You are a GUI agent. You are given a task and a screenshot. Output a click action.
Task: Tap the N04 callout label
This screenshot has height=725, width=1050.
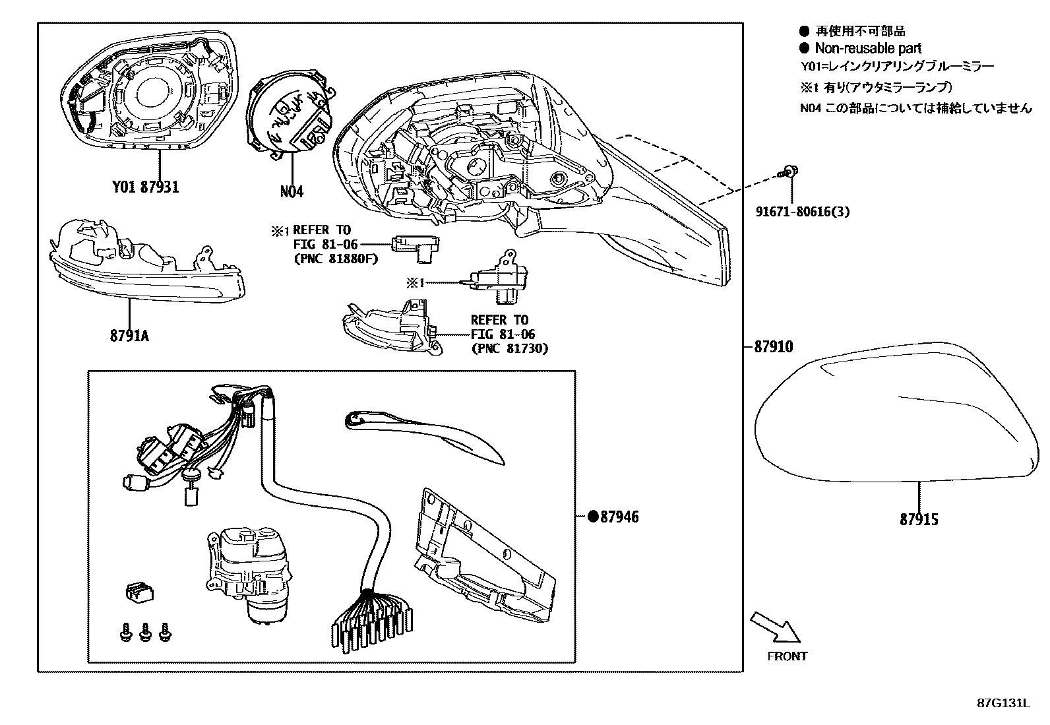click(292, 192)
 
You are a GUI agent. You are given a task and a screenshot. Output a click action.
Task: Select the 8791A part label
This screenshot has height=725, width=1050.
click(129, 336)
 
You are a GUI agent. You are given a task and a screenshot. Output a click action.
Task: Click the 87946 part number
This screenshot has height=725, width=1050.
click(619, 517)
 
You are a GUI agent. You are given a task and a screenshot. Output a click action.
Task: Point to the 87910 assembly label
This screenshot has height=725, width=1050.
click(773, 347)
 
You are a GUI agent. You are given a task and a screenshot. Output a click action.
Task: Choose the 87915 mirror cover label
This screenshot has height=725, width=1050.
click(919, 520)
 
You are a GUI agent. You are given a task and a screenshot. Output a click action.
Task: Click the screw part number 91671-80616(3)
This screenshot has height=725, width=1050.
click(803, 212)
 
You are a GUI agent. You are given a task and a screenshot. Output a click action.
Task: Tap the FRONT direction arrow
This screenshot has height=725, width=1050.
click(776, 627)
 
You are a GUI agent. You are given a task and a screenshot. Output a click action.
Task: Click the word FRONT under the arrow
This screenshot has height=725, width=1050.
click(787, 656)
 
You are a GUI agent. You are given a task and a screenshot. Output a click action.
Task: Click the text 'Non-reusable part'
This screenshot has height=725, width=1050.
click(868, 48)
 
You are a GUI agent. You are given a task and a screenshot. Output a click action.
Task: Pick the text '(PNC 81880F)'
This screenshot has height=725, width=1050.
click(335, 259)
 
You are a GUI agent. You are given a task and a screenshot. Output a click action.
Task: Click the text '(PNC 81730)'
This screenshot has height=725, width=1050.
click(509, 348)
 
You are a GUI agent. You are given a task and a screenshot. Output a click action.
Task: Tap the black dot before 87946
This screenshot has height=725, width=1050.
click(592, 517)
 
